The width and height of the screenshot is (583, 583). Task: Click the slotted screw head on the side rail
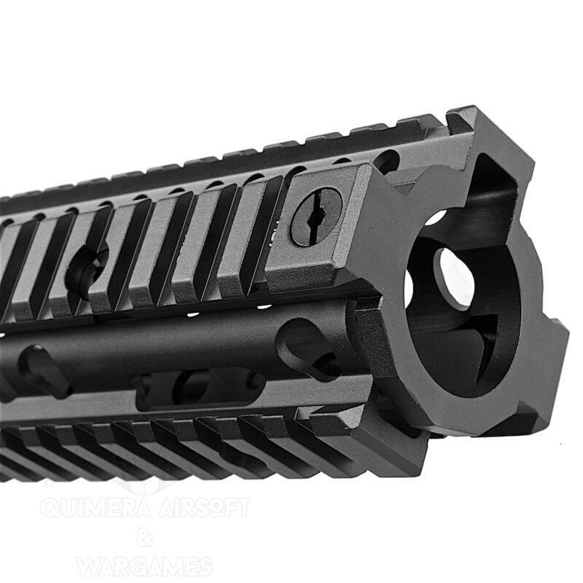[x=316, y=217]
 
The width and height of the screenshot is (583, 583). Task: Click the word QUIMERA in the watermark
[x=96, y=507]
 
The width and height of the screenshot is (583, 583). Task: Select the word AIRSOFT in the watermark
[x=204, y=507]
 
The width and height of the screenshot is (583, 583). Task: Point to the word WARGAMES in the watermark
[x=144, y=566]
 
